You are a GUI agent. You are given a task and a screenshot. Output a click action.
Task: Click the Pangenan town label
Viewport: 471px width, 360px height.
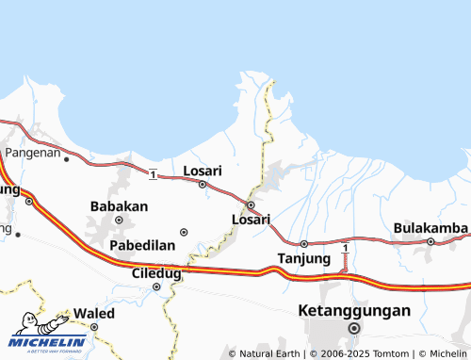33,151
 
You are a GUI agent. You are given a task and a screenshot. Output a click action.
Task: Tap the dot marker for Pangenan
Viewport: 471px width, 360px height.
66,159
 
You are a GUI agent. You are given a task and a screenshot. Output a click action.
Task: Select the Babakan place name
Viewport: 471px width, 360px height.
119,205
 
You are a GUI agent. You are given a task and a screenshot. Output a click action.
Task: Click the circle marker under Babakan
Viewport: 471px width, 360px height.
119,220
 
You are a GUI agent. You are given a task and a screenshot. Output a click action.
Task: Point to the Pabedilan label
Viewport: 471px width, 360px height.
143,245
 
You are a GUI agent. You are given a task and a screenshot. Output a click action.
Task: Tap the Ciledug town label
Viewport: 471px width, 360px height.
155,273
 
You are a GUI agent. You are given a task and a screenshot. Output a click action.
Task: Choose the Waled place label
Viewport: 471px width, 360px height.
94,313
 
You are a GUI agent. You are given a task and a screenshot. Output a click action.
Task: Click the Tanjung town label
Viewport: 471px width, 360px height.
304,258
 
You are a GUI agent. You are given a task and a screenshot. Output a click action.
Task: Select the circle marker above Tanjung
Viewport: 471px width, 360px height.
303,243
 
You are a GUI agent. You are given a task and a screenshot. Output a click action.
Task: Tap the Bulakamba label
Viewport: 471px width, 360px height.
430,228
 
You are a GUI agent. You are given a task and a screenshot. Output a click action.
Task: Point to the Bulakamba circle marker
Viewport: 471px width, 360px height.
430,241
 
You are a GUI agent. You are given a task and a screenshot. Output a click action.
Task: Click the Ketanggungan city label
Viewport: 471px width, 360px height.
354,310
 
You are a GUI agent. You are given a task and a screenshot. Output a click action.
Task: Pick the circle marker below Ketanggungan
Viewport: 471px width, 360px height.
354,328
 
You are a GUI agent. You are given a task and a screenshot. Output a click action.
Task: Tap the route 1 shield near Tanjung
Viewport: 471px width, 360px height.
346,248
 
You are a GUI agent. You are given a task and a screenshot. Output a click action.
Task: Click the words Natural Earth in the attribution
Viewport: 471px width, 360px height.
270,353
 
